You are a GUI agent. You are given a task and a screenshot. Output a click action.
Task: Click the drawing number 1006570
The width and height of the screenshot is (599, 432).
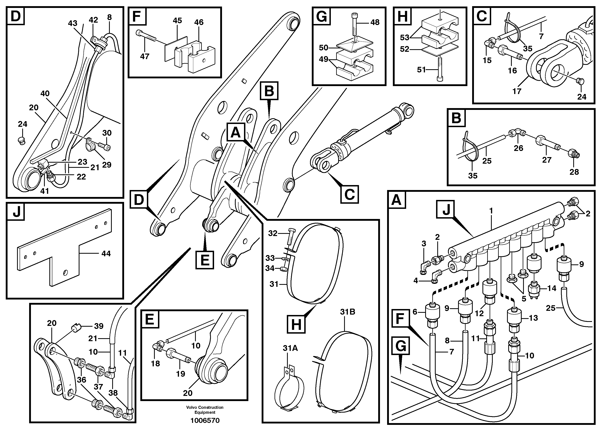tap(205, 420)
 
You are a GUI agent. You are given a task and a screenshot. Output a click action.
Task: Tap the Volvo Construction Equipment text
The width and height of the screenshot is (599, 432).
tap(205, 410)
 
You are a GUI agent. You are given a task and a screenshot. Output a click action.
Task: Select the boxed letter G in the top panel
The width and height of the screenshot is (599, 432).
tap(322, 16)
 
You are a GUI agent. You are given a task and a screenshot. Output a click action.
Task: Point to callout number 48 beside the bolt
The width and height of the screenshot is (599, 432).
tap(375, 22)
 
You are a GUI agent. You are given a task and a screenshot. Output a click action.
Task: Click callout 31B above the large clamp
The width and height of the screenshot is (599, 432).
tap(348, 312)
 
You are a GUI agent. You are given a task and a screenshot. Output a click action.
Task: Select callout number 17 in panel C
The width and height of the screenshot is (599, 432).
tap(517, 91)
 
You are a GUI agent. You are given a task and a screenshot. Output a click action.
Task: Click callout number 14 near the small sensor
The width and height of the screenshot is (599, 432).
tap(551, 288)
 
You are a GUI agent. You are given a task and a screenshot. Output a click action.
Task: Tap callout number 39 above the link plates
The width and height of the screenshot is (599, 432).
tap(99, 326)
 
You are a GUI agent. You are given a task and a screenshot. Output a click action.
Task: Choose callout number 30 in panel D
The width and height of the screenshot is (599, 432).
tap(107, 133)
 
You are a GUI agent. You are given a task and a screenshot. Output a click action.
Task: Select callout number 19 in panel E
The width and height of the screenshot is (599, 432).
tap(181, 374)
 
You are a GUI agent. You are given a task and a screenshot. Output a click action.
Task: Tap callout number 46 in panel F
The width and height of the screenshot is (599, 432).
tap(199, 22)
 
